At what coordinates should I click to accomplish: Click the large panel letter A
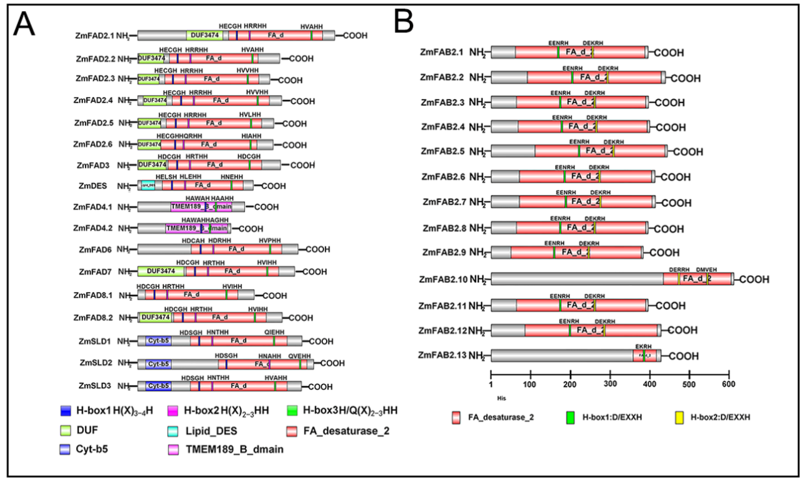[x=24, y=24]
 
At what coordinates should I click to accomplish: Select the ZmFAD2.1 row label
[x=95, y=36]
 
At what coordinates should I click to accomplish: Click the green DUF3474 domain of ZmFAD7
[x=161, y=271]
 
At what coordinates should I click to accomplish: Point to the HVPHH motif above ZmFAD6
[x=270, y=241]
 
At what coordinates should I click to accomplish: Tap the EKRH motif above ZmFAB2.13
[x=643, y=346]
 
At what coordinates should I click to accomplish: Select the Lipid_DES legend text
[x=211, y=431]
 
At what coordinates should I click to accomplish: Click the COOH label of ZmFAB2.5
[x=688, y=152]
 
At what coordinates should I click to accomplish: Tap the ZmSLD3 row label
[x=95, y=386]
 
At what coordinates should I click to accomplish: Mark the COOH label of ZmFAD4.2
[x=251, y=229]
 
